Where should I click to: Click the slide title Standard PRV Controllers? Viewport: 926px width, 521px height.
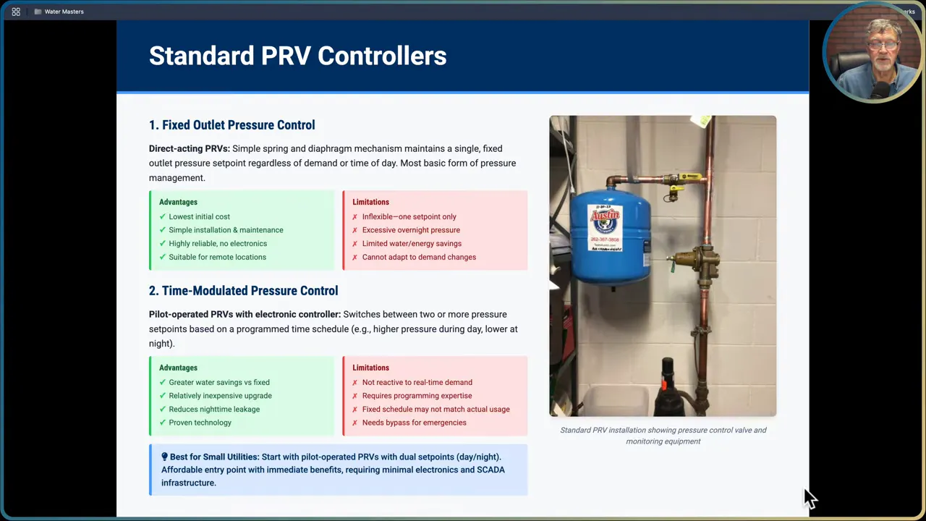tap(297, 56)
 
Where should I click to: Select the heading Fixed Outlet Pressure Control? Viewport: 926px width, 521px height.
tap(231, 125)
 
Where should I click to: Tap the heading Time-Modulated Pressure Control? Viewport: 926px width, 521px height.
tap(243, 291)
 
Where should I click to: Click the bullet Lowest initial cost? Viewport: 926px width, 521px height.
tap(199, 216)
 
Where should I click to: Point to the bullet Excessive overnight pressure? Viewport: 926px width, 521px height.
tap(410, 230)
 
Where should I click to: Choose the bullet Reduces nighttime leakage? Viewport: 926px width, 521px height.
tap(213, 410)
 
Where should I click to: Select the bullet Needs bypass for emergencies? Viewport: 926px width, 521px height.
tap(414, 423)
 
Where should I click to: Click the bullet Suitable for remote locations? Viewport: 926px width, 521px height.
tap(217, 257)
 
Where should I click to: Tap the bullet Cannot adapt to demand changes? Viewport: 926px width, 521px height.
tap(418, 257)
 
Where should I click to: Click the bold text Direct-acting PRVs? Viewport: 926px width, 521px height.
tap(189, 149)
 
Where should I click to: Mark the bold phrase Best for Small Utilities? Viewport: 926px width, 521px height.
tap(213, 457)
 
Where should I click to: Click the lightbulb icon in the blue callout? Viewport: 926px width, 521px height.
tap(164, 457)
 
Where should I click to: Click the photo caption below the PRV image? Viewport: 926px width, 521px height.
tap(663, 436)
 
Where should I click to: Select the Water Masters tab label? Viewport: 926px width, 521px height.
tap(64, 12)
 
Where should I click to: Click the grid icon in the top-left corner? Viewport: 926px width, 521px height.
tap(16, 12)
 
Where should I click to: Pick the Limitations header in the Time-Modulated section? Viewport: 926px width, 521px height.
tap(370, 368)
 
